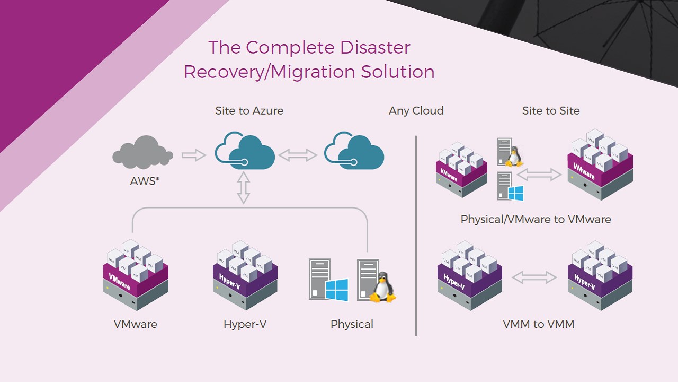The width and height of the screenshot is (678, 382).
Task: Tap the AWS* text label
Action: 145,181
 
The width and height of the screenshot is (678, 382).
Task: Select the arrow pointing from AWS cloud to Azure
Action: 193,155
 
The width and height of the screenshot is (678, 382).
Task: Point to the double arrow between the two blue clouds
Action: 298,155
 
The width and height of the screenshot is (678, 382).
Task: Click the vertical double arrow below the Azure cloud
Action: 243,188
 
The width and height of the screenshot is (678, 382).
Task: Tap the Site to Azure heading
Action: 249,111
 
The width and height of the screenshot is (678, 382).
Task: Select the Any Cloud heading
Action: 416,111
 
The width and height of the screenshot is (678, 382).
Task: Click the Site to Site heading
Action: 551,111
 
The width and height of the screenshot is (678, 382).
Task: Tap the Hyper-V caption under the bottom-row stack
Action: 245,324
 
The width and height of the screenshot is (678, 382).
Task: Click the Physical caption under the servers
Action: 352,324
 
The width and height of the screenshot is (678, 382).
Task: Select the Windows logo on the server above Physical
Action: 337,290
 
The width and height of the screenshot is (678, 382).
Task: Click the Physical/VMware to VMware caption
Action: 536,219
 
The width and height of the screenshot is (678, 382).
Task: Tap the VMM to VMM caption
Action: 538,324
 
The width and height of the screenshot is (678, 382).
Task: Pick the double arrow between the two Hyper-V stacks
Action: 534,277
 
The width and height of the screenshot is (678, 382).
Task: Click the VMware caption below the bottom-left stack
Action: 135,324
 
